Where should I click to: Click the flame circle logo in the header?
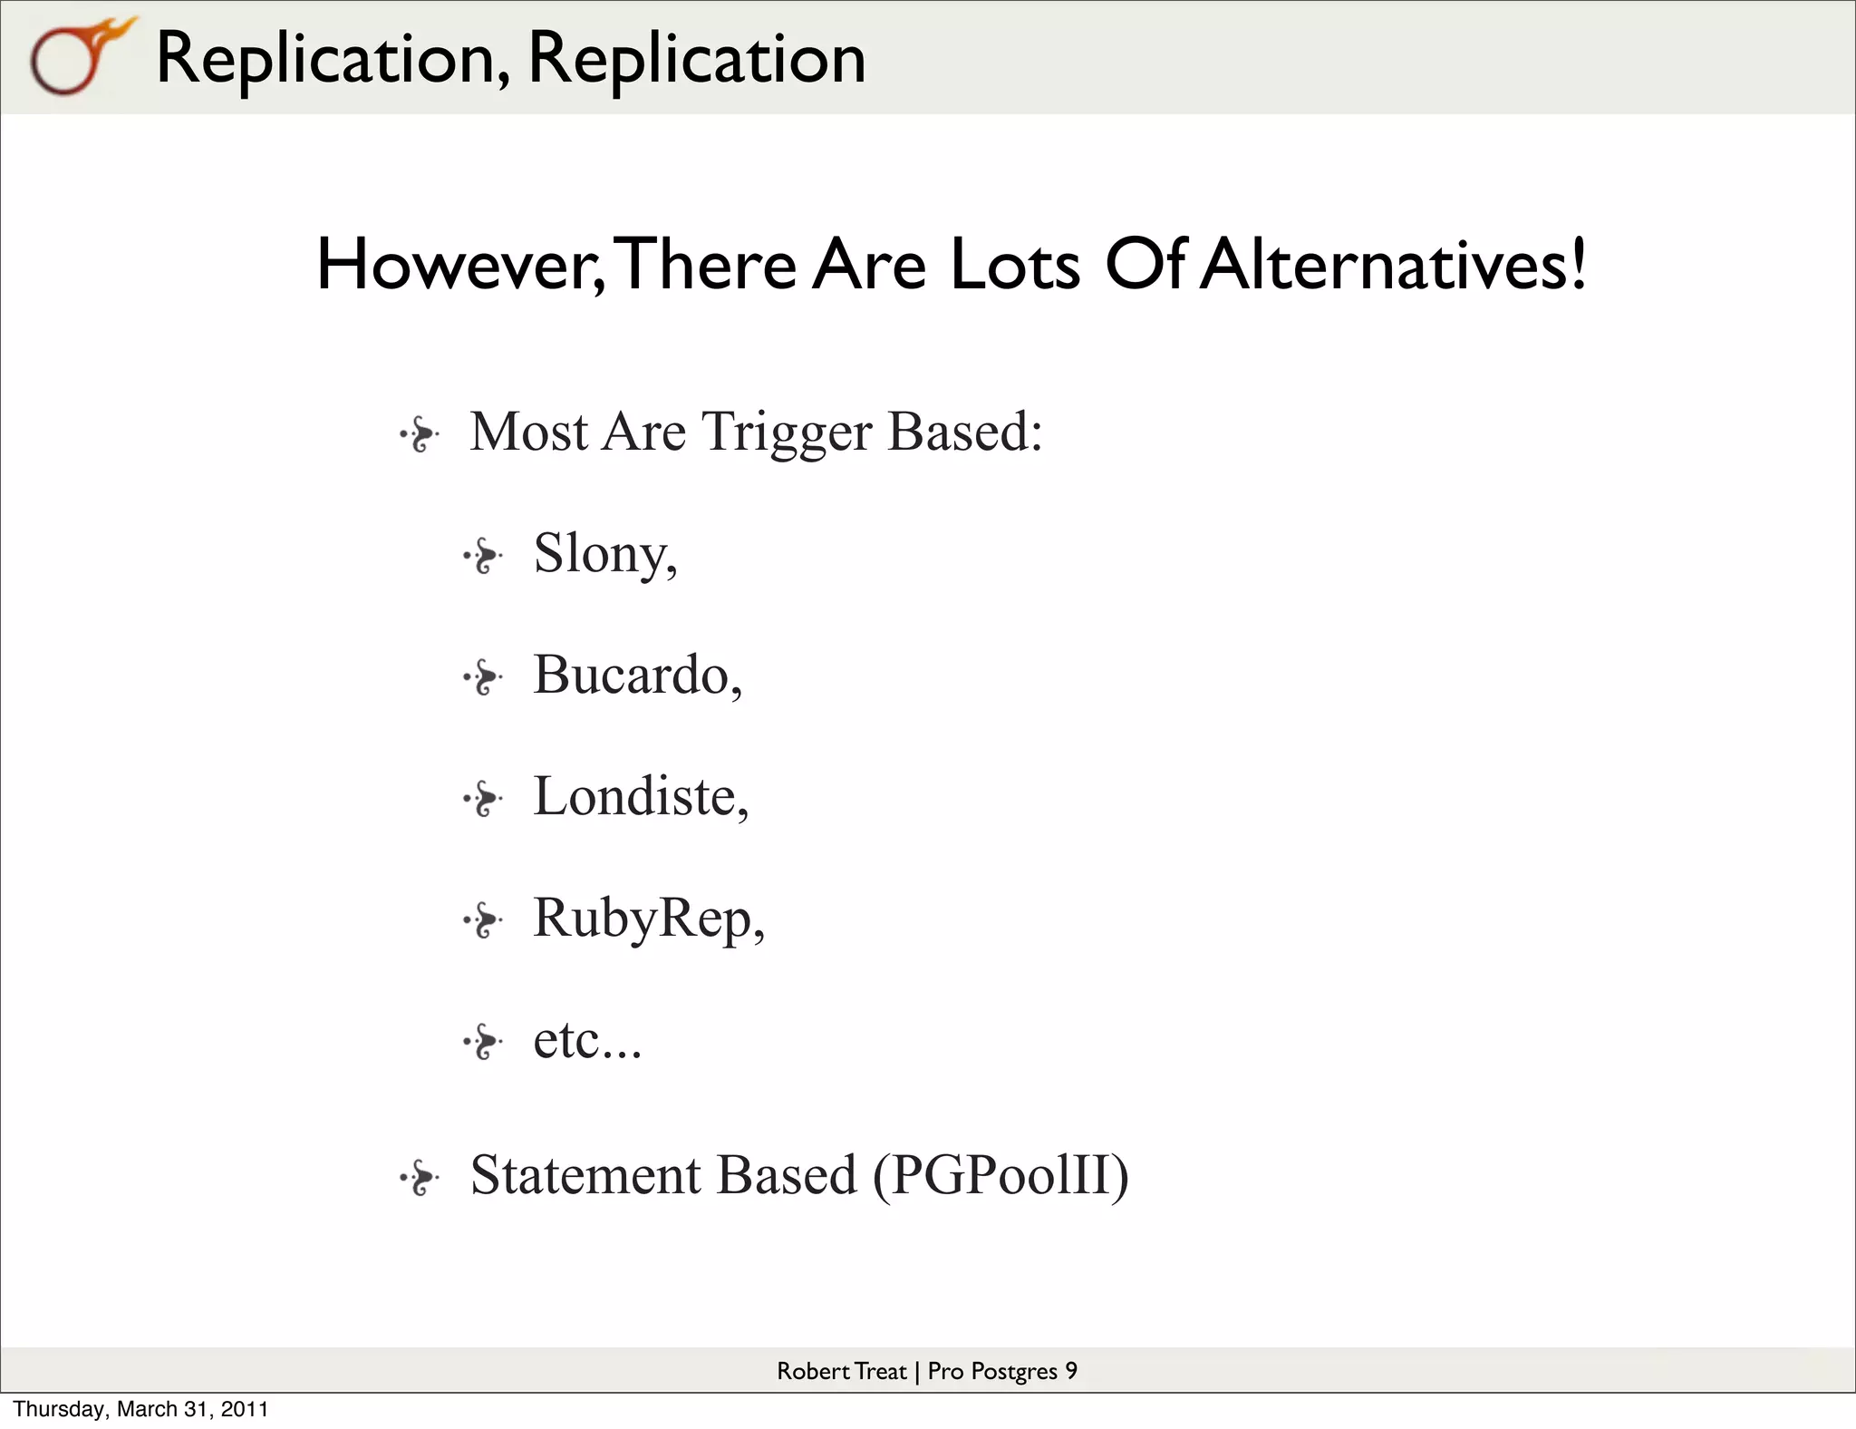[77, 57]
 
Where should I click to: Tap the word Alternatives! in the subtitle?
[1393, 265]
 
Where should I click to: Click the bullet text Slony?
[604, 553]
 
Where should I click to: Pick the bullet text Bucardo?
[637, 676]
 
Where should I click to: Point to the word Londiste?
[641, 797]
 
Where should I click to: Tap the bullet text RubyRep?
[649, 919]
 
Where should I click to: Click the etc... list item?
[587, 1040]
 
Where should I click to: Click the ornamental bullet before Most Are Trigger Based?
[420, 435]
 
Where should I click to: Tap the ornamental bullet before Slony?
[483, 557]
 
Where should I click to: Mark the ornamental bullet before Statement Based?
[420, 1179]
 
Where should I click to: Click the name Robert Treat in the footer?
[841, 1371]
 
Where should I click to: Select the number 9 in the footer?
[1071, 1371]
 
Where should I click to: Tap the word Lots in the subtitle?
[1015, 265]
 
